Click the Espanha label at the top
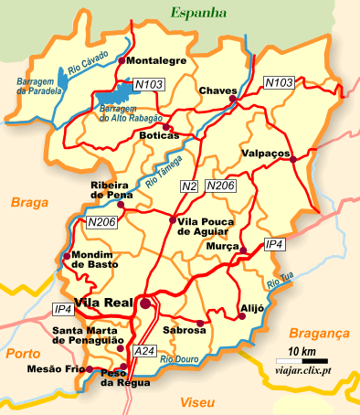197,13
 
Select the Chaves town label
217,90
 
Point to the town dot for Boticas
169,128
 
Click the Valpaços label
266,153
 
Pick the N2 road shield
190,186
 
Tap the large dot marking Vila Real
145,303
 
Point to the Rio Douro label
179,360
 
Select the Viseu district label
197,402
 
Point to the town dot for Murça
243,249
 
